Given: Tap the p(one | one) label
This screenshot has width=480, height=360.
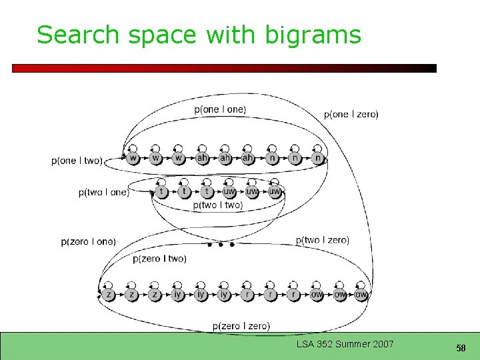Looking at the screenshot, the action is (x=220, y=109).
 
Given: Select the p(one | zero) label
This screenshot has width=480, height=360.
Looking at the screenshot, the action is (x=351, y=114).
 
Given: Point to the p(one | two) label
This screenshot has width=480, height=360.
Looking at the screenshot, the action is (x=77, y=161).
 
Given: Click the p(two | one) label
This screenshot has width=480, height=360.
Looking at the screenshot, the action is (x=103, y=193).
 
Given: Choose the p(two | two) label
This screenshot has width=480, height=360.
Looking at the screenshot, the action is (x=218, y=205).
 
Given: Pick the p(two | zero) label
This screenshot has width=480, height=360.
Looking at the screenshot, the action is (x=322, y=240).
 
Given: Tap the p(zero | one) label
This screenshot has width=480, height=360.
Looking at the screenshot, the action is (x=88, y=241).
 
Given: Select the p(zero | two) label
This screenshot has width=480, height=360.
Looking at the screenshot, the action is (x=159, y=259).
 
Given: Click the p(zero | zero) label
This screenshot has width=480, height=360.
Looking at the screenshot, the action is (x=241, y=326).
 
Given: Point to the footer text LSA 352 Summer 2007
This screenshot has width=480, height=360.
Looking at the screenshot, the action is (x=345, y=344).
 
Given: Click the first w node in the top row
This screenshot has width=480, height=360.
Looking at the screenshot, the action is (x=133, y=159).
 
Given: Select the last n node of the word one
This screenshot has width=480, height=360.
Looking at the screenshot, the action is (x=318, y=159).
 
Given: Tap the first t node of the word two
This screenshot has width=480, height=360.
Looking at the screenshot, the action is (x=161, y=192).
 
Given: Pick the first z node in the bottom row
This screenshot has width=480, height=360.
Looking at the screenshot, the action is (x=109, y=294).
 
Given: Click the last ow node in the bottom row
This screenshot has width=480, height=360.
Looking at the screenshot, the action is (x=361, y=294).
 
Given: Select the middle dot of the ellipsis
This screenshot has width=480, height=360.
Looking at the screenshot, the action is (x=221, y=245).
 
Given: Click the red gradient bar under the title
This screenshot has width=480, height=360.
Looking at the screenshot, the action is (x=224, y=68).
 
